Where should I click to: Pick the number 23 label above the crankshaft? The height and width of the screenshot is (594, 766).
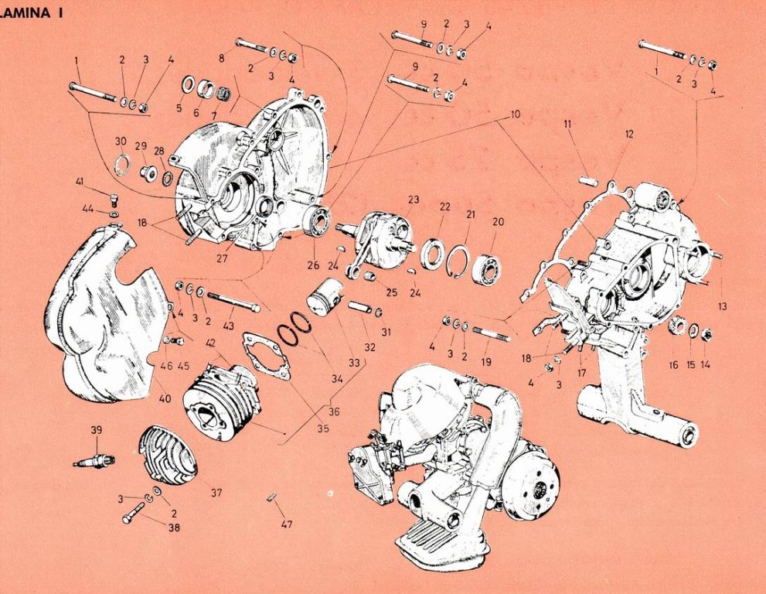click(414, 200)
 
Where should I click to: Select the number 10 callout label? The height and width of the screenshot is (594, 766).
click(516, 114)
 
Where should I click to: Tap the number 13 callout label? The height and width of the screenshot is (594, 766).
click(722, 306)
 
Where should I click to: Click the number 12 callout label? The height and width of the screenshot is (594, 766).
click(629, 135)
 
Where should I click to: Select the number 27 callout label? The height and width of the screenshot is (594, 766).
click(222, 258)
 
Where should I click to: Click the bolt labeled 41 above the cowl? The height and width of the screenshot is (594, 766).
click(113, 196)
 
